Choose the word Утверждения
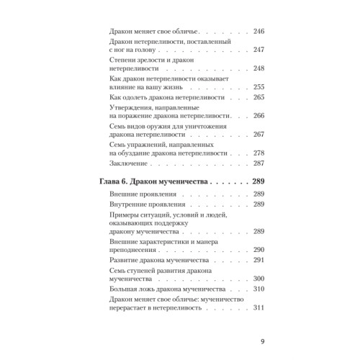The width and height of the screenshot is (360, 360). point(128,109)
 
